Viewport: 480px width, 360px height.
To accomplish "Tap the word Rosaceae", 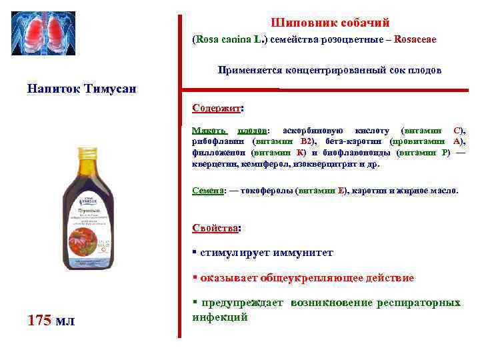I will pos(415,39).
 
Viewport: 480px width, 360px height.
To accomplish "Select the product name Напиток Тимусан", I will pos(82,89).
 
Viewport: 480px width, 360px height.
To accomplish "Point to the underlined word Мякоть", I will pos(209,130).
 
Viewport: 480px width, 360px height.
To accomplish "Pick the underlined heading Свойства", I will pos(215,227).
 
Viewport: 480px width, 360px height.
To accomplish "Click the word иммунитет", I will pos(303,253).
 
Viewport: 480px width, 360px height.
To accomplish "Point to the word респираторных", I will pos(419,303).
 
